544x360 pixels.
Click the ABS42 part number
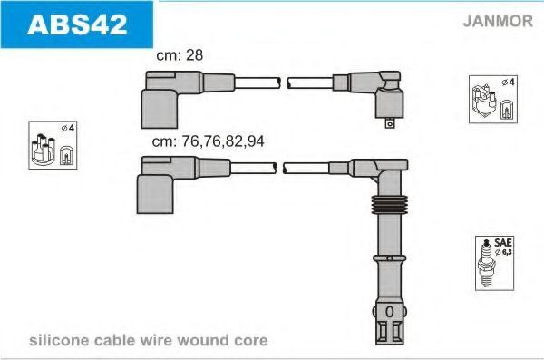77,24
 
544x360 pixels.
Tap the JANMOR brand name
498,21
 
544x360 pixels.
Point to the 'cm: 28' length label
180,55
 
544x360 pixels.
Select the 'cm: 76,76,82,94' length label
209,141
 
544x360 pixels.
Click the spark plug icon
486,263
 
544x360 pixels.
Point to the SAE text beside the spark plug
503,242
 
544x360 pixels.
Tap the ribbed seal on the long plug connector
389,204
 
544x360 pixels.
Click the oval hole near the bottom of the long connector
389,312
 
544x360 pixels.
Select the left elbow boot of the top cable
160,109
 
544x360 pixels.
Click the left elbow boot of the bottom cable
155,194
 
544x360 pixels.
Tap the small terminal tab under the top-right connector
390,123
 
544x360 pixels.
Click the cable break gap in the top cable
284,83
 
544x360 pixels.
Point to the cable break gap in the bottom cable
279,169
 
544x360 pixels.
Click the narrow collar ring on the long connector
389,258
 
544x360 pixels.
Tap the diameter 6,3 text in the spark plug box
504,252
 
